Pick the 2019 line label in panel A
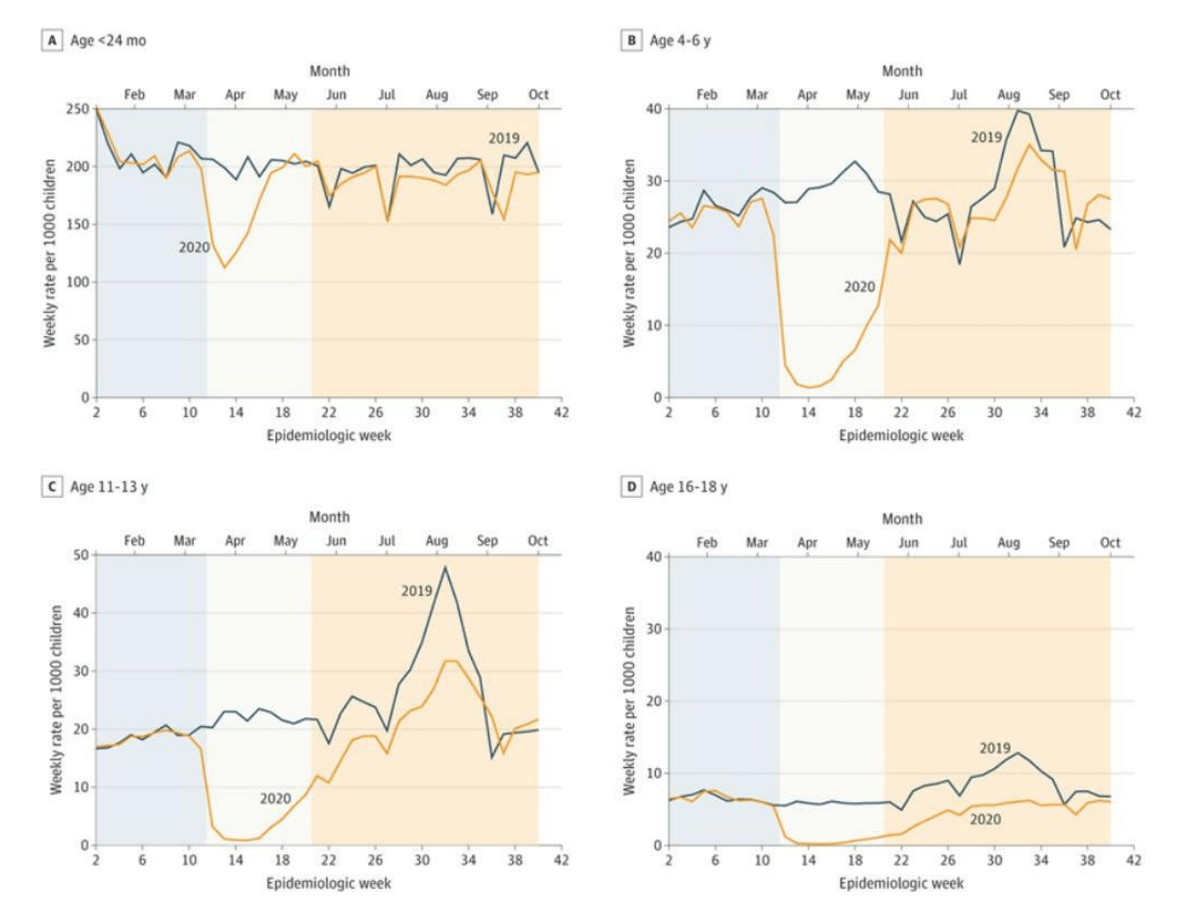point(504,137)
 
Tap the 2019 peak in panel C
point(444,568)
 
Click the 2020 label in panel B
point(859,286)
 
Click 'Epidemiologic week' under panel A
point(328,436)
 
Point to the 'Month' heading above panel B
point(902,72)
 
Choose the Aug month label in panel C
point(436,541)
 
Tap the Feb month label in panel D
point(706,544)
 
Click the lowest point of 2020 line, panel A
point(225,267)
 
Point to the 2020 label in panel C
point(276,798)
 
